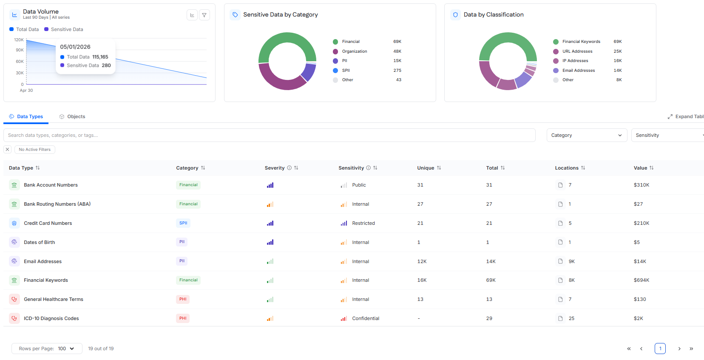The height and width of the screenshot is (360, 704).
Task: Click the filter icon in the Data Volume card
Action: [204, 15]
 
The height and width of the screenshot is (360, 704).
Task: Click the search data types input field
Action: [270, 135]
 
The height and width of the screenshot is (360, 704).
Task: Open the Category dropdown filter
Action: [587, 135]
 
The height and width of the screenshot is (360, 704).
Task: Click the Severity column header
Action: [274, 168]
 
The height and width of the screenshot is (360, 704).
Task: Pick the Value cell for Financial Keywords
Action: [642, 280]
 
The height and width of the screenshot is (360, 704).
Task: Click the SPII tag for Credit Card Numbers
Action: [183, 223]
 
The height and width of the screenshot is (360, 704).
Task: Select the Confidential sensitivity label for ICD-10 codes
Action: [366, 318]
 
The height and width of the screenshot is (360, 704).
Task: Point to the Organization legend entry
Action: [355, 51]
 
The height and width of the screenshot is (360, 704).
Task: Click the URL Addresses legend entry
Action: [577, 51]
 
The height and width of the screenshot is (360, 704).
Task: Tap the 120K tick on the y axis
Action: [19, 40]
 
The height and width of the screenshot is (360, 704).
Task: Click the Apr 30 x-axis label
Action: [26, 91]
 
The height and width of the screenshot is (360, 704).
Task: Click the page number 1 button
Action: [660, 349]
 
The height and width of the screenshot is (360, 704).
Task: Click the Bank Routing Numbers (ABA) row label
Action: [57, 204]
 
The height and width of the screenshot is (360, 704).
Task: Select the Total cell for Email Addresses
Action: [491, 261]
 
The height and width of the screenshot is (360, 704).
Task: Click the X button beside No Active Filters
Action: [8, 150]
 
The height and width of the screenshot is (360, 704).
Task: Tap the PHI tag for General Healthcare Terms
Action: [183, 299]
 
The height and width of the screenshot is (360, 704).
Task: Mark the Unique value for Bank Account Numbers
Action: [420, 185]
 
